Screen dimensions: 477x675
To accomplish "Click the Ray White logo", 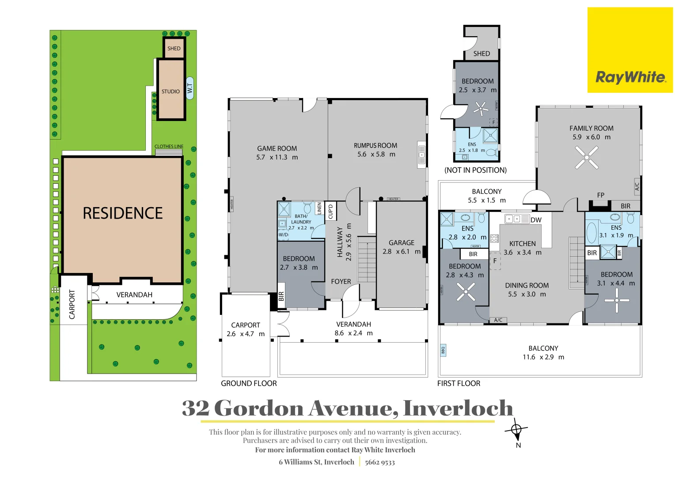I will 630,77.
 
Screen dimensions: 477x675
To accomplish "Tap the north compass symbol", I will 516,430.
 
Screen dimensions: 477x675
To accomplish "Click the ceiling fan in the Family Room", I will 587,157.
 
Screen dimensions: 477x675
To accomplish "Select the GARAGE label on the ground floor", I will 401,243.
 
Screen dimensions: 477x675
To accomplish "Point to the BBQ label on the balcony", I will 443,350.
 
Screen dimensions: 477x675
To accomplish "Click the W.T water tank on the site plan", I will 190,88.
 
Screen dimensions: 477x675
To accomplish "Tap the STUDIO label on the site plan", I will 171,91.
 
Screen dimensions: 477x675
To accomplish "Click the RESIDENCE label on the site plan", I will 123,213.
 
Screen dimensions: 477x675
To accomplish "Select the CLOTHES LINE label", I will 168,147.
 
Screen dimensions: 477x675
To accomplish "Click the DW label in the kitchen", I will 536,220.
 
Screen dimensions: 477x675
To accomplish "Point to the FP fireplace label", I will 600,195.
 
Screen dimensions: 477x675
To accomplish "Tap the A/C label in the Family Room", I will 637,186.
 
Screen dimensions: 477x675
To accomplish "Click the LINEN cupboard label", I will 319,208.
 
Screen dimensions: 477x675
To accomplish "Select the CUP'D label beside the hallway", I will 330,211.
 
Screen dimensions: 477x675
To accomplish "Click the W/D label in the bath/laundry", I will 283,235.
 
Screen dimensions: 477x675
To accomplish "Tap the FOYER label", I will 341,282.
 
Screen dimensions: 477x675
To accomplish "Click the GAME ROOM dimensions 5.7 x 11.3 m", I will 277,157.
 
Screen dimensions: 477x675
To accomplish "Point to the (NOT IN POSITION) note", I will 475,170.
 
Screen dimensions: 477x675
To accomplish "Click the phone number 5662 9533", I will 379,462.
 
